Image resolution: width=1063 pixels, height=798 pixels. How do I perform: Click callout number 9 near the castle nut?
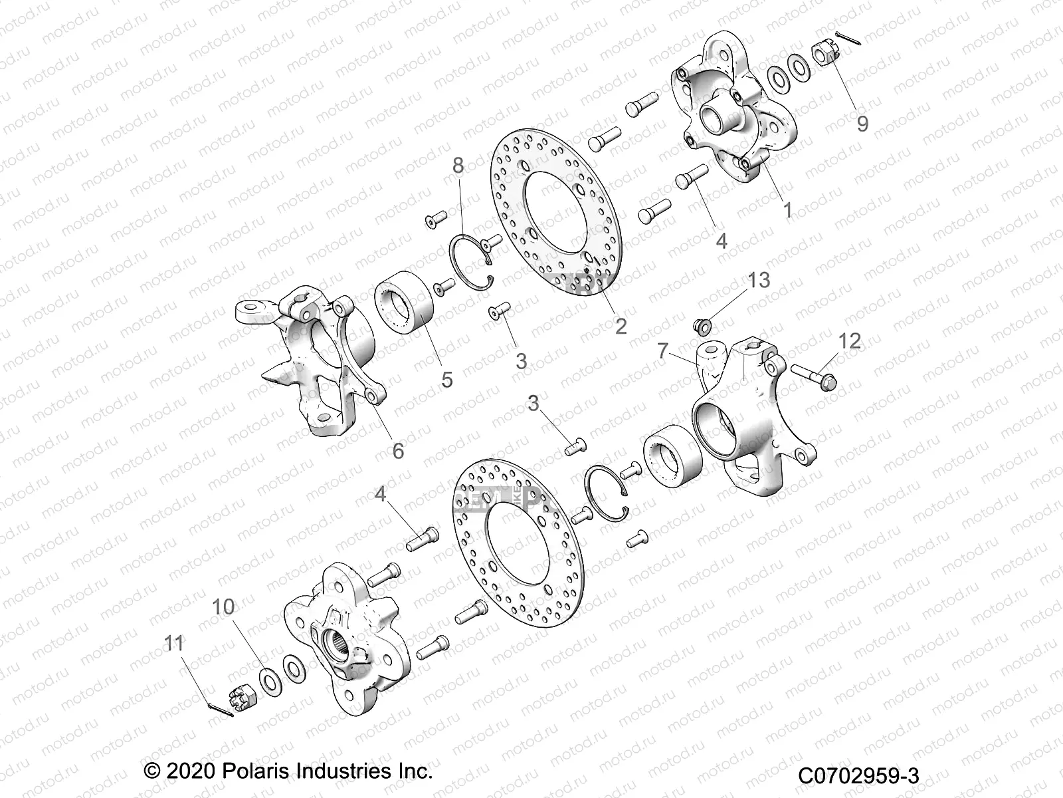click(x=862, y=124)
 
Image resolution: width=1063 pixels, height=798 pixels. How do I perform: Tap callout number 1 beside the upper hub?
click(x=788, y=210)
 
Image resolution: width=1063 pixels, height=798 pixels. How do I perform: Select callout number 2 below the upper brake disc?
click(x=621, y=326)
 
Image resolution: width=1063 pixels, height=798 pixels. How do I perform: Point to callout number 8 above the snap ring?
click(x=458, y=165)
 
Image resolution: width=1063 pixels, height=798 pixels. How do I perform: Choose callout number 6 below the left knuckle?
click(x=398, y=451)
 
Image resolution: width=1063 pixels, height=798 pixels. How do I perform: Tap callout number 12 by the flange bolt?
click(x=850, y=341)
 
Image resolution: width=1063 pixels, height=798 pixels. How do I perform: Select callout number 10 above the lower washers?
click(x=224, y=606)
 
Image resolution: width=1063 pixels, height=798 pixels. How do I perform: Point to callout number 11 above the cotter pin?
click(x=174, y=643)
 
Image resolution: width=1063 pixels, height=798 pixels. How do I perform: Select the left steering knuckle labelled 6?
click(x=306, y=362)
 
